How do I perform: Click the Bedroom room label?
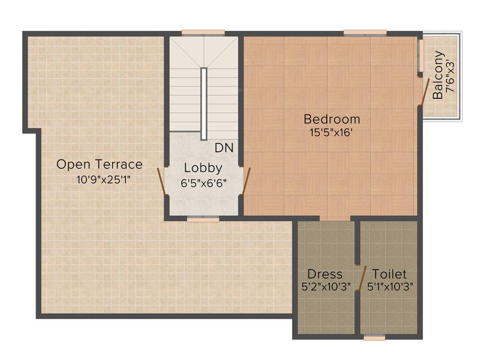click(x=332, y=119)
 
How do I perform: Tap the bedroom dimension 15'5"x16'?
click(x=331, y=133)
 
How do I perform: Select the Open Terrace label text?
click(x=99, y=165)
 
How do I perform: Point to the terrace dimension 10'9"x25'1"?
click(x=103, y=179)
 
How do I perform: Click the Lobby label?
click(x=203, y=168)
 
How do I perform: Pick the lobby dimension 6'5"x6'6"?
click(x=204, y=183)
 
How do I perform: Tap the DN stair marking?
click(x=224, y=148)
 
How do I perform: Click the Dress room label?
click(x=325, y=274)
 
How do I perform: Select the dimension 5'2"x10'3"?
click(x=327, y=286)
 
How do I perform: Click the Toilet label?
click(x=389, y=274)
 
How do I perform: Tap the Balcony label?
click(x=438, y=75)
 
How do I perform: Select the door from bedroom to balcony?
click(x=424, y=91)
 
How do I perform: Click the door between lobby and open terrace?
click(x=162, y=181)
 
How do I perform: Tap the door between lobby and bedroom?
click(x=246, y=180)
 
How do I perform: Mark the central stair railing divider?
click(x=204, y=104)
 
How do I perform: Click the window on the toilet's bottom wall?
click(x=374, y=337)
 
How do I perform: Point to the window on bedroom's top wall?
click(x=365, y=32)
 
